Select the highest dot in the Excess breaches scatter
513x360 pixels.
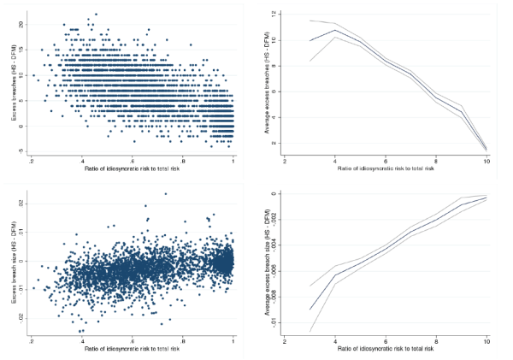click(x=96, y=14)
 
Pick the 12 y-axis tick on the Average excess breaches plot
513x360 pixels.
click(x=273, y=15)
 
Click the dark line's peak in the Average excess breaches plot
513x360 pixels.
click(x=335, y=31)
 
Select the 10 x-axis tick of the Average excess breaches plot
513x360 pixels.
click(x=486, y=160)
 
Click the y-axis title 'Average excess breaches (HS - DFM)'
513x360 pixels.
click(x=262, y=81)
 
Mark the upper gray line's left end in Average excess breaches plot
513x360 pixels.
click(x=310, y=21)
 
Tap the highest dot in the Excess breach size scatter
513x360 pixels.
click(x=165, y=193)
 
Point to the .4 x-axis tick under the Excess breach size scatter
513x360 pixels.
click(x=82, y=341)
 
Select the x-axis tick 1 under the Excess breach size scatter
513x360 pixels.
click(x=233, y=341)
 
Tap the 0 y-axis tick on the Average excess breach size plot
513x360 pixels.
click(x=273, y=193)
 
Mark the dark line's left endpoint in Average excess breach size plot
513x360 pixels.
click(x=310, y=310)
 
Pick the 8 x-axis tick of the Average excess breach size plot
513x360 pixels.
click(x=436, y=341)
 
